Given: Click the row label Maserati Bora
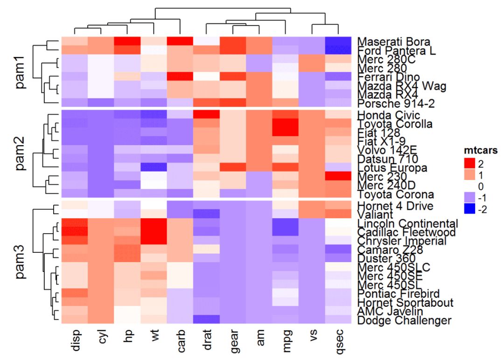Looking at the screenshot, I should click(x=393, y=42).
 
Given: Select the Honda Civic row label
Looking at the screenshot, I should click(x=388, y=115).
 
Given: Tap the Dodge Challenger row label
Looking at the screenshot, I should click(x=404, y=320).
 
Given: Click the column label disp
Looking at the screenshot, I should click(x=74, y=339).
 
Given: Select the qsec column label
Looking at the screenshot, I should click(x=339, y=339).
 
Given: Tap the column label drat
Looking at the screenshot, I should click(x=207, y=339).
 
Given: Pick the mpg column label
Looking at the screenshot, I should click(x=287, y=339).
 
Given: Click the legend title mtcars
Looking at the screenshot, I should click(x=480, y=151).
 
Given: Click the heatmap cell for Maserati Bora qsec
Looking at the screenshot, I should click(x=339, y=42).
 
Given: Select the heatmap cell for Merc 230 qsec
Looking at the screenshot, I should click(x=339, y=176).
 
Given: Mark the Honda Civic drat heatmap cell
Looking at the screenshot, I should click(x=207, y=114).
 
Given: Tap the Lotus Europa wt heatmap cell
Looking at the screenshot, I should click(x=154, y=167).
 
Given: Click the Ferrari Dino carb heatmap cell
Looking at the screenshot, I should click(x=180, y=76).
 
